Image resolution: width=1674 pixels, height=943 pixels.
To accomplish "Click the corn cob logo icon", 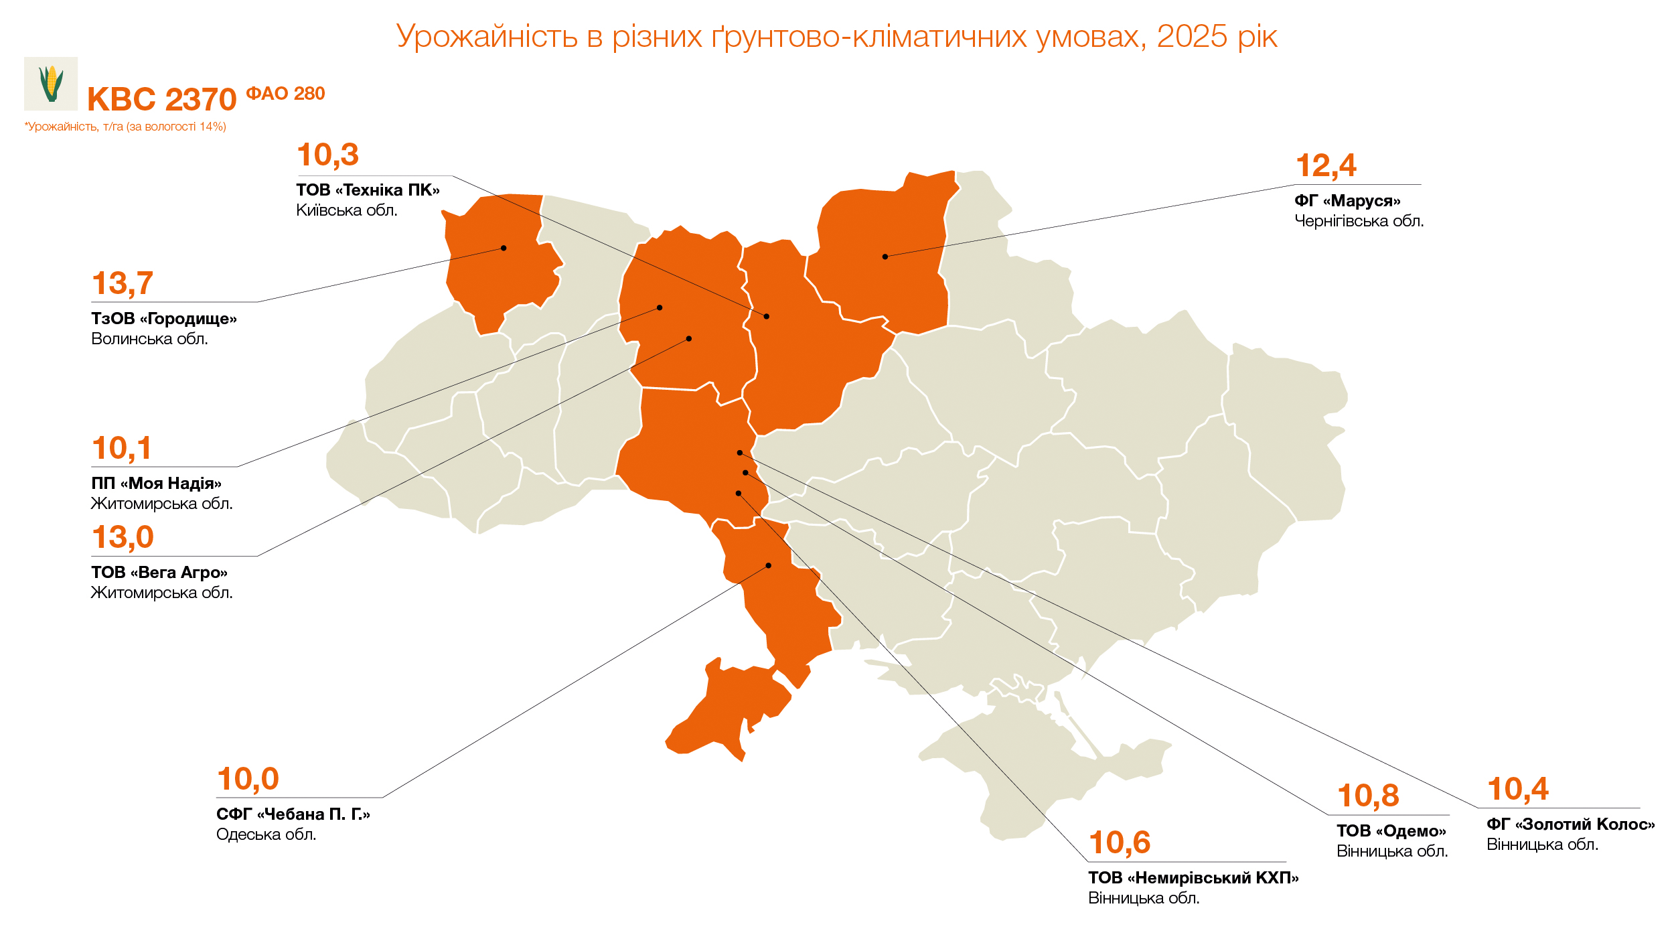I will click(51, 84).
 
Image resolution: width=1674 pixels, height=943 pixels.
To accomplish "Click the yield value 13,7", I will click(123, 283).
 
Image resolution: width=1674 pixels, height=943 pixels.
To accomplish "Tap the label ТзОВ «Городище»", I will click(164, 319).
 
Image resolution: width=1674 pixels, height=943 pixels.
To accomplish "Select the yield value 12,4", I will click(1326, 165).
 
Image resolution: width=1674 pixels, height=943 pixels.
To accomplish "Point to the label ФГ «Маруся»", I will click(1347, 201).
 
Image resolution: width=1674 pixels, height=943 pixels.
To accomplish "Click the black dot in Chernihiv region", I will click(885, 257).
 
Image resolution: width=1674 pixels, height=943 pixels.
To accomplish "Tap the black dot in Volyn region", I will click(504, 248).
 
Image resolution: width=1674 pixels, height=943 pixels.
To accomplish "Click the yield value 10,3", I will click(327, 155).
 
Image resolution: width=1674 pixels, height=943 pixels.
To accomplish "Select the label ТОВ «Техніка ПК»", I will click(368, 190).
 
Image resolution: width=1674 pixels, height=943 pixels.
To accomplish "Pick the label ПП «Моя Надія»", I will click(156, 484).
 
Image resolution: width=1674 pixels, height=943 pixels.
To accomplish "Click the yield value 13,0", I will click(123, 537).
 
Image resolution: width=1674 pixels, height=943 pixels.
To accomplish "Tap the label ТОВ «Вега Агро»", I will click(159, 573).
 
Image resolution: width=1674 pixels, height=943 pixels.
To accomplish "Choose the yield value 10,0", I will click(248, 779).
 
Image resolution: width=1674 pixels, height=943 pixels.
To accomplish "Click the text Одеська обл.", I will click(266, 835).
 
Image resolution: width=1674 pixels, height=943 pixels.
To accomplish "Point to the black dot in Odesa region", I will click(769, 566).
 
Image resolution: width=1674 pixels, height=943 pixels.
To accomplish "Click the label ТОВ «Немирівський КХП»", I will click(1193, 878).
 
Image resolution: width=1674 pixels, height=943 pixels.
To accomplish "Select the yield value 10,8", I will click(1368, 796).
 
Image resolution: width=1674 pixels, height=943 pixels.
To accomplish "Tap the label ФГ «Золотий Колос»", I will click(1570, 824).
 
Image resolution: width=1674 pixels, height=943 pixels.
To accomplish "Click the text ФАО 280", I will click(285, 94).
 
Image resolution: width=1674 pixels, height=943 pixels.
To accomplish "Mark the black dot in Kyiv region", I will click(767, 316).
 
